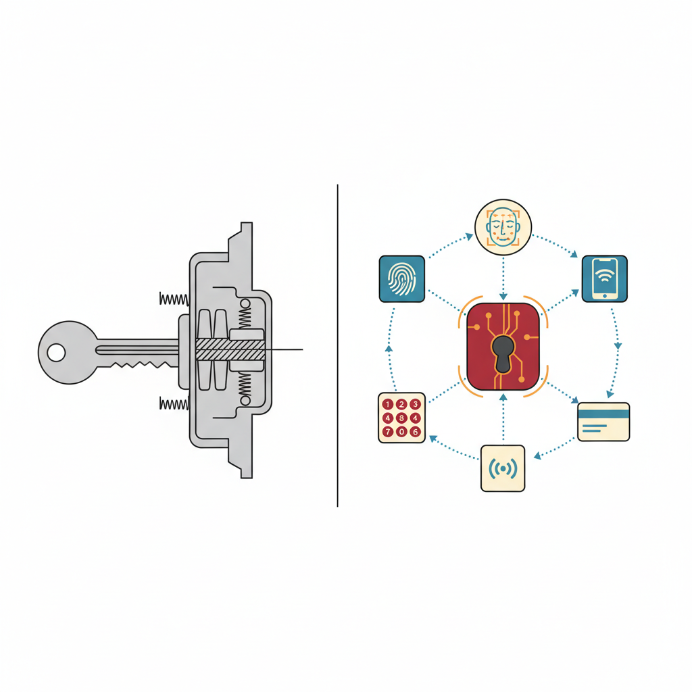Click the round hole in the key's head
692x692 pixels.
point(56,353)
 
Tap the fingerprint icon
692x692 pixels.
point(401,279)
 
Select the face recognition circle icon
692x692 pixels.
point(503,227)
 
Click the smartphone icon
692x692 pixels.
point(605,278)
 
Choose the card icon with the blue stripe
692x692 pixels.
point(603,422)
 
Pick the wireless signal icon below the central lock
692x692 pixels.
point(503,468)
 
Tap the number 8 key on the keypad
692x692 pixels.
point(401,418)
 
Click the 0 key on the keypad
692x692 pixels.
point(401,432)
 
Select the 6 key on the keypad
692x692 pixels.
point(415,432)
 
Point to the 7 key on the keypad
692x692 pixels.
point(387,432)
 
